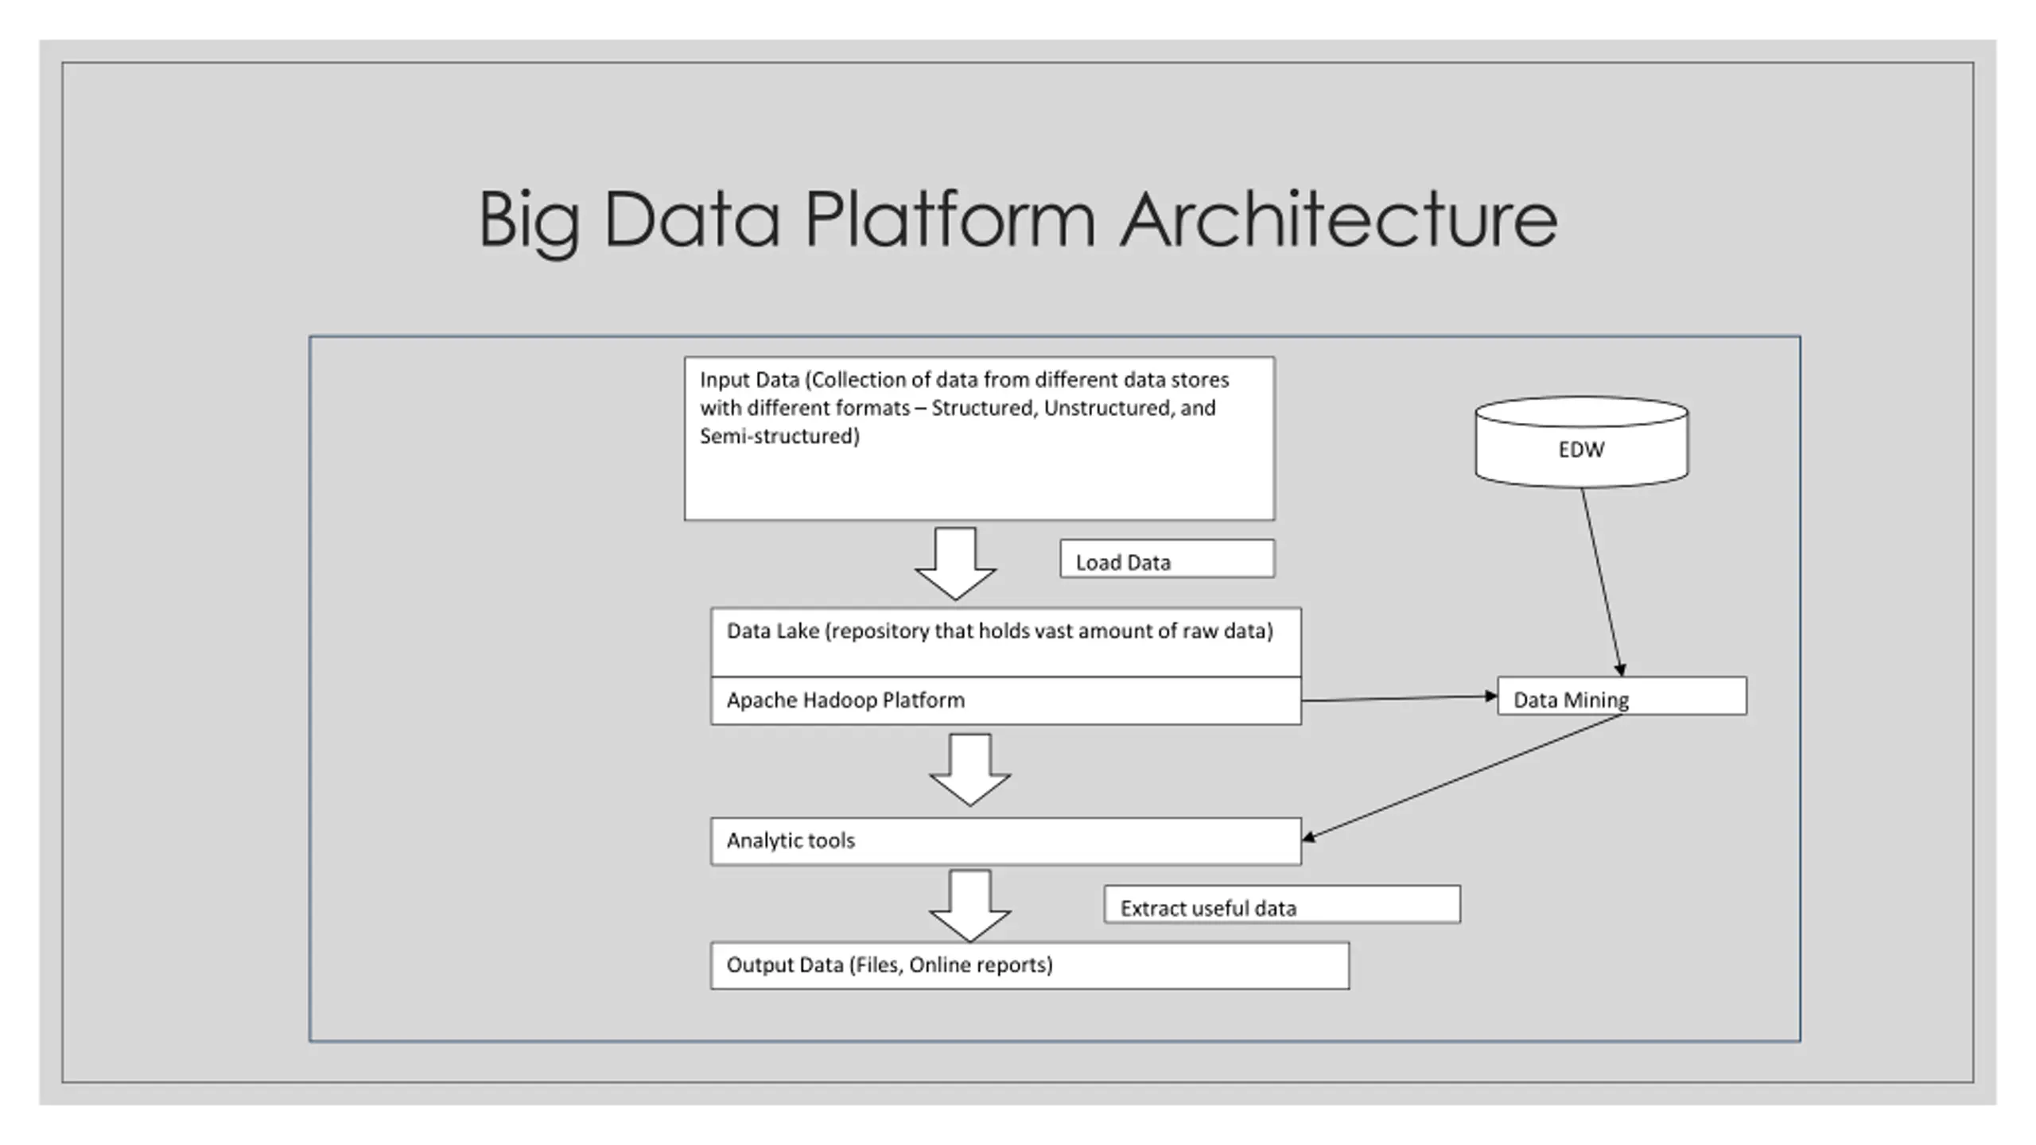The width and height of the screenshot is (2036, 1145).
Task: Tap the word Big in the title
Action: [529, 223]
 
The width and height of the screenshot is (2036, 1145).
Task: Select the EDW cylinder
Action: [1581, 442]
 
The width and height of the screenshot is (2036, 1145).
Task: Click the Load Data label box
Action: [1167, 559]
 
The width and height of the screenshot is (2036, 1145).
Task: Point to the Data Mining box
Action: [1622, 697]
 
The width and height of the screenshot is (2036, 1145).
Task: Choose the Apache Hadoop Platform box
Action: [1005, 701]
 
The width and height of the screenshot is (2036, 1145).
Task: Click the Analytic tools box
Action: [1005, 841]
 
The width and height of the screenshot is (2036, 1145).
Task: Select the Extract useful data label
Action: [1282, 905]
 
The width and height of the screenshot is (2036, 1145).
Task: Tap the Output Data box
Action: [1030, 966]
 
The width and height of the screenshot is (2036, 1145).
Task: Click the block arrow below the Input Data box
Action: [955, 564]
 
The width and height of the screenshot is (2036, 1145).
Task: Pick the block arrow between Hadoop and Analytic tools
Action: [969, 770]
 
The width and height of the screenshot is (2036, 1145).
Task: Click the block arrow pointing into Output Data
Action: [969, 906]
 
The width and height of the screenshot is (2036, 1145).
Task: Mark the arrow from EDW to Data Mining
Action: [1602, 583]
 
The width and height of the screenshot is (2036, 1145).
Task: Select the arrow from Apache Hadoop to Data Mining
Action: [1400, 698]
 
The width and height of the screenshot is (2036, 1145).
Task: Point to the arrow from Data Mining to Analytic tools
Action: [1462, 777]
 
